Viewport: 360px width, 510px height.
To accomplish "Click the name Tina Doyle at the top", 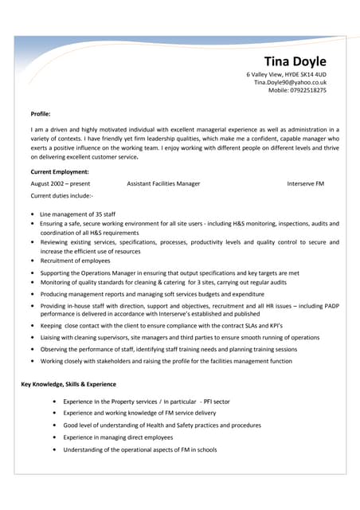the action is [x=295, y=61].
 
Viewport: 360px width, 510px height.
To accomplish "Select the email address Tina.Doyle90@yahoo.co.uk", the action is [x=290, y=82].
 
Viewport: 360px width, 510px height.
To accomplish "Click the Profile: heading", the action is [x=40, y=114].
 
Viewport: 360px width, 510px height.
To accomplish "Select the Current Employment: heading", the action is [x=59, y=171].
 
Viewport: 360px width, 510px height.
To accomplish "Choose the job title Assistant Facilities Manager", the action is [x=163, y=183].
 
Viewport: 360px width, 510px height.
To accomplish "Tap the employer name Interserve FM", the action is [x=306, y=183].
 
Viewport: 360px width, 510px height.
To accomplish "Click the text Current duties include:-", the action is [x=61, y=195].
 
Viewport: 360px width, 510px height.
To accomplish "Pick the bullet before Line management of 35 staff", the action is [x=31, y=214].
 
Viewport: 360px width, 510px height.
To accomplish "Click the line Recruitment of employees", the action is [x=75, y=261].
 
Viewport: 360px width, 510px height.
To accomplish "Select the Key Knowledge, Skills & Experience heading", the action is [x=68, y=385].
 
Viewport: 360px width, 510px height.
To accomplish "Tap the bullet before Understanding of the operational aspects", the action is [x=53, y=449].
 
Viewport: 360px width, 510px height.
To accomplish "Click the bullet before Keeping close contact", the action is [x=31, y=326].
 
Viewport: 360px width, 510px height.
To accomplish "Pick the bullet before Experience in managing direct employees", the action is [x=53, y=437].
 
